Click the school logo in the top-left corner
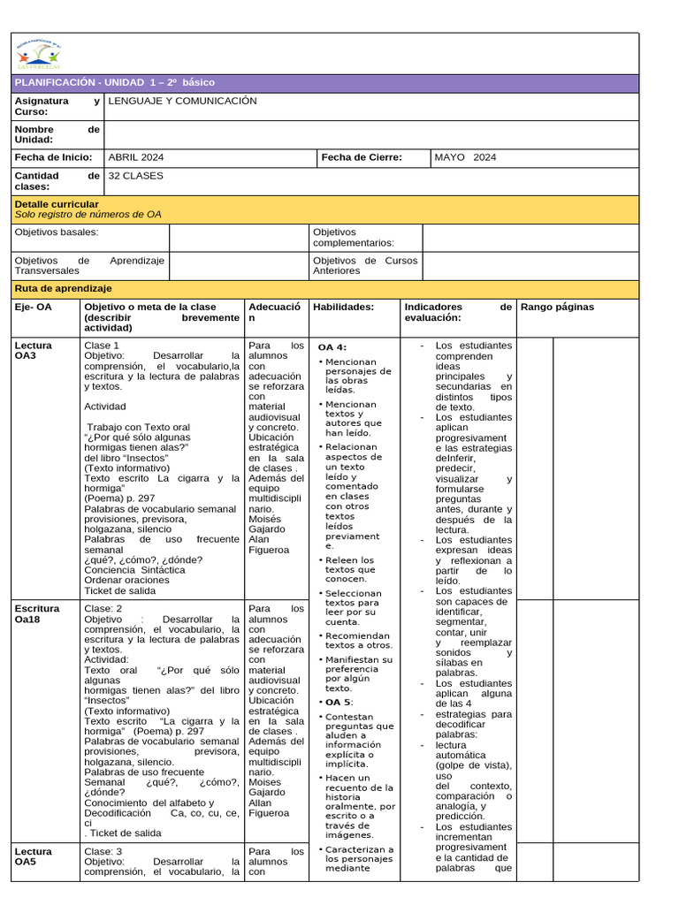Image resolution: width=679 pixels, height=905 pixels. click(38, 55)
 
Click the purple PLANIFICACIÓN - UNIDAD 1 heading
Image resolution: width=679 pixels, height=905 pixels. click(115, 82)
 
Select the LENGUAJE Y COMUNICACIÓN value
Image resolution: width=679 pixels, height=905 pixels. click(182, 101)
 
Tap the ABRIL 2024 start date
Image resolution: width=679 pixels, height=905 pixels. click(135, 157)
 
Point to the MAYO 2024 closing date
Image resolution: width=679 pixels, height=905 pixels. click(466, 157)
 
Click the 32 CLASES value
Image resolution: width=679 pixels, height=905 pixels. click(135, 176)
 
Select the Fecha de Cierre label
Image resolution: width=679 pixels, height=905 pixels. click(362, 157)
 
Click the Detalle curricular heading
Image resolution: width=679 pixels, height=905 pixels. click(57, 204)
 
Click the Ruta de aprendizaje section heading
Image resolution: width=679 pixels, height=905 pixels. click(64, 289)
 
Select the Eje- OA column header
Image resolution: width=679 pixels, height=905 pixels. click(34, 307)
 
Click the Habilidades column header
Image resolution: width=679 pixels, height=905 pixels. click(344, 307)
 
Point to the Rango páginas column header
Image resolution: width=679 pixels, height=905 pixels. click(557, 307)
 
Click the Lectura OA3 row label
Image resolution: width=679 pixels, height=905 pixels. click(34, 351)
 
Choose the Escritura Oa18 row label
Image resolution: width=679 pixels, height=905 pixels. click(37, 614)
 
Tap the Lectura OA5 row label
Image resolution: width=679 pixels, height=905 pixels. click(34, 857)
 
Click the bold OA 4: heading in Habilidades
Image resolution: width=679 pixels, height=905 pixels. click(332, 347)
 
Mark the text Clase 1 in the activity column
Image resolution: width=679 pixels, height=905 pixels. click(102, 346)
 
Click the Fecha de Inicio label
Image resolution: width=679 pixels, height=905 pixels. click(53, 157)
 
